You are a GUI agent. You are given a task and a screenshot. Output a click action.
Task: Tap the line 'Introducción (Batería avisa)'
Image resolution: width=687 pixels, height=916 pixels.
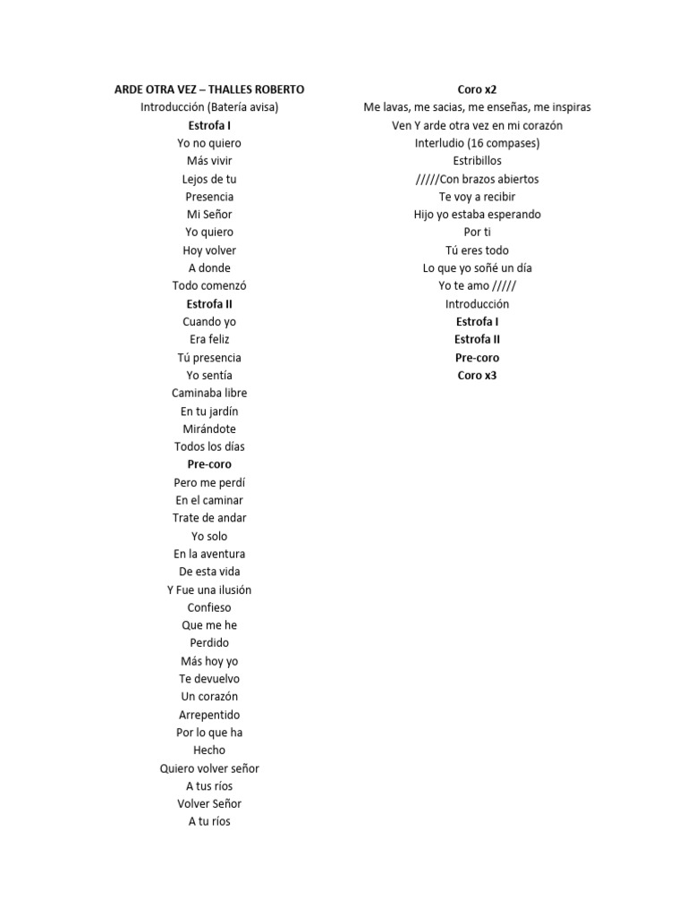pyautogui.click(x=209, y=107)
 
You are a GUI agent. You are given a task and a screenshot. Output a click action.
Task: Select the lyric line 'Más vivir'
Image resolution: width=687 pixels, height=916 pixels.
pyautogui.click(x=209, y=161)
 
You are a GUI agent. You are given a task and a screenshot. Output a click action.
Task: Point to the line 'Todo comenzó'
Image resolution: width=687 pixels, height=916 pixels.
pyautogui.click(x=209, y=286)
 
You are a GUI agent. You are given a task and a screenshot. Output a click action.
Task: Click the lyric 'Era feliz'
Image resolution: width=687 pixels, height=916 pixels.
pyautogui.click(x=209, y=340)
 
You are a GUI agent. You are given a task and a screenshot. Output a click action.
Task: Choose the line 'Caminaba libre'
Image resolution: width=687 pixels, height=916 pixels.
pyautogui.click(x=209, y=393)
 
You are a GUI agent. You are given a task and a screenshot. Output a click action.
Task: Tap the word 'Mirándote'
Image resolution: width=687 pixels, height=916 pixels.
pyautogui.click(x=209, y=428)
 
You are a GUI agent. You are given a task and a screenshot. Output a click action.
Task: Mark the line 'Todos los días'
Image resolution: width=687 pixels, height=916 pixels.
pyautogui.click(x=209, y=446)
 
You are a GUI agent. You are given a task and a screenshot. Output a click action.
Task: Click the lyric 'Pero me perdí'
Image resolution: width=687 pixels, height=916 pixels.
pyautogui.click(x=209, y=482)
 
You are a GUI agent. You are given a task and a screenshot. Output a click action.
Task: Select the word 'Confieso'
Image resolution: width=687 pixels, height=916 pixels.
pyautogui.click(x=209, y=607)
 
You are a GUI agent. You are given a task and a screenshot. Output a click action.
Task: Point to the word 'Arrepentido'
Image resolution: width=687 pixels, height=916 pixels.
pyautogui.click(x=209, y=715)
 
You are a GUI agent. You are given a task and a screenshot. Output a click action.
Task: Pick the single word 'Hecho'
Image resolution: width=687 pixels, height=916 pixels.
pyautogui.click(x=209, y=751)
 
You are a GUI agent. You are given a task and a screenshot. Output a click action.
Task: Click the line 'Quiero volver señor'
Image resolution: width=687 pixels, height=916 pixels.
pyautogui.click(x=209, y=768)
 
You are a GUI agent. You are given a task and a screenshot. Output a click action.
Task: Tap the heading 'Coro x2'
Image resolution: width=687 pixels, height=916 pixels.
pyautogui.click(x=477, y=89)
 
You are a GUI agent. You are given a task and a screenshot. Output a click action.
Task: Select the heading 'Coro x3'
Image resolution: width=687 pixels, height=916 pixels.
pyautogui.click(x=477, y=376)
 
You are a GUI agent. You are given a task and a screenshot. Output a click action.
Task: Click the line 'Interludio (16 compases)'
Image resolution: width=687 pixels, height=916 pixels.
pyautogui.click(x=477, y=143)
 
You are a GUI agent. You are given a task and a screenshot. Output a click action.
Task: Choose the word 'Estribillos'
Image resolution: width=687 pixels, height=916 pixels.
pyautogui.click(x=477, y=161)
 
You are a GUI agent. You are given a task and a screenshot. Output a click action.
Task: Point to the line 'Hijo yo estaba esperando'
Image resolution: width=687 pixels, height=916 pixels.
pyautogui.click(x=477, y=215)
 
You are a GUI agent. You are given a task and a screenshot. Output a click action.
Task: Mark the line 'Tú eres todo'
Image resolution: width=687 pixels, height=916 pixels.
pyautogui.click(x=477, y=250)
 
